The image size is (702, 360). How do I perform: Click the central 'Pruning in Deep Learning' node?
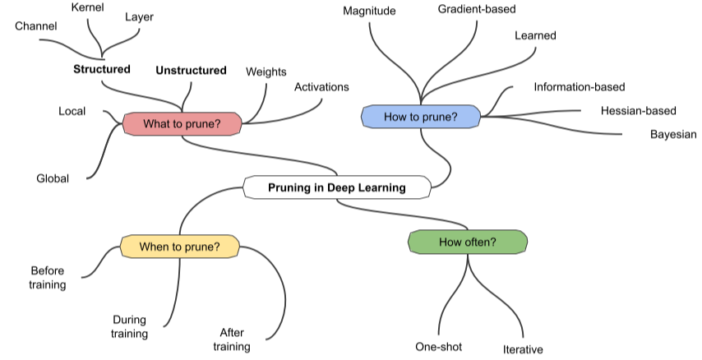[337, 187]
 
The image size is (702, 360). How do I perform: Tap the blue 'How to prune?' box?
[420, 117]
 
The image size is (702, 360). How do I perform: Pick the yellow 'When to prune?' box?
[179, 246]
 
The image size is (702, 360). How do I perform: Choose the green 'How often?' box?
[467, 242]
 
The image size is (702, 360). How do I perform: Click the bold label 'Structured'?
[102, 70]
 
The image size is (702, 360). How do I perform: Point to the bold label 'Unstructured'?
[191, 71]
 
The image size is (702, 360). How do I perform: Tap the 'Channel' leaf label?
[36, 26]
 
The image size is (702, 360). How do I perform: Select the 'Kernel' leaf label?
[88, 7]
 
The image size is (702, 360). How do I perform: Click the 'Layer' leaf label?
[139, 16]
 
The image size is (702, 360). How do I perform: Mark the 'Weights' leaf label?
[266, 72]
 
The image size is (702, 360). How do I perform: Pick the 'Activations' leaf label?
[321, 86]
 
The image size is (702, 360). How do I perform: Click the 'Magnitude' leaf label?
[369, 11]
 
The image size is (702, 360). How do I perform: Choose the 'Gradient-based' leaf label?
[477, 10]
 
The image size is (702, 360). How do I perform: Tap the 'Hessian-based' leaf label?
[638, 110]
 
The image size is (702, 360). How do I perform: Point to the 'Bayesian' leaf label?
[672, 134]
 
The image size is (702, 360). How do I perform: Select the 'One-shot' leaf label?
[438, 346]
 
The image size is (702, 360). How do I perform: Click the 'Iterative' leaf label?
[523, 349]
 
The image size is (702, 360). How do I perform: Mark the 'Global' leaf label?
[53, 178]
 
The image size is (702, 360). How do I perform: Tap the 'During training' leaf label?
[130, 326]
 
